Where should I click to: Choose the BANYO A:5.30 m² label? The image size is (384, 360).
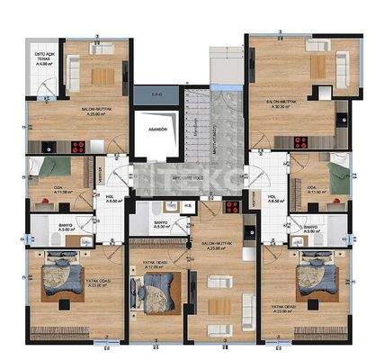161,224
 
